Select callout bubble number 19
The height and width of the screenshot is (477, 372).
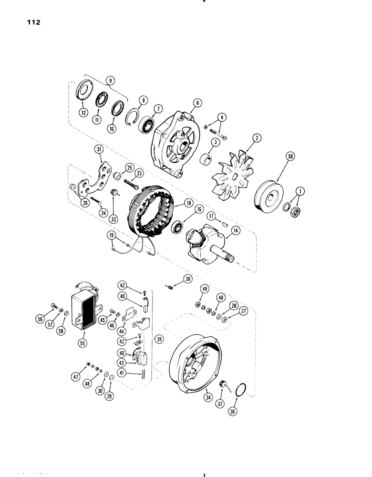click(x=112, y=235)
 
